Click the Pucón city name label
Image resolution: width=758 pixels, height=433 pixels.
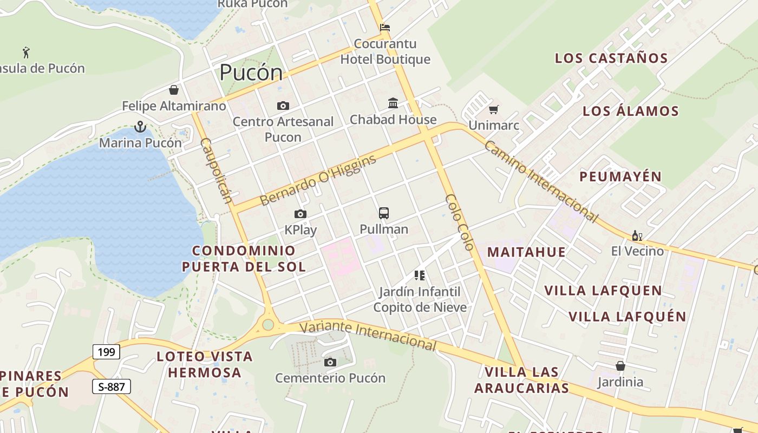coord(251,73)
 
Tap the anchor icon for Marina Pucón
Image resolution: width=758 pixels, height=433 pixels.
coord(140,127)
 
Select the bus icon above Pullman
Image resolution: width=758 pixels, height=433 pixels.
coord(384,213)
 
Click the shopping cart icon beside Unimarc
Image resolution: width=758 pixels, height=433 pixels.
coord(493,110)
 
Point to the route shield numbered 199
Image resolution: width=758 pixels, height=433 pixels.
coord(106,352)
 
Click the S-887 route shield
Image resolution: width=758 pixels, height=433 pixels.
coord(112,386)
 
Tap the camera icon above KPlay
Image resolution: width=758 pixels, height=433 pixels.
coord(300,214)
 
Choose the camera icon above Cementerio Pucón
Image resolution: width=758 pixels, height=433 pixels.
coord(330,362)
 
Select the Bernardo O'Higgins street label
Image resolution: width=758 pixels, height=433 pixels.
coord(318,181)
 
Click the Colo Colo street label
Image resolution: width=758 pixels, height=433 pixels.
coord(459,222)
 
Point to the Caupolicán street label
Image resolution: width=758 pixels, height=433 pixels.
coord(217,170)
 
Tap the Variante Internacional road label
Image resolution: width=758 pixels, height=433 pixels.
coord(368,334)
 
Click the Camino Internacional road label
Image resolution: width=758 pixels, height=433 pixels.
coord(541,181)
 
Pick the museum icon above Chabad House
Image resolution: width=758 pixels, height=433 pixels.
coord(393,103)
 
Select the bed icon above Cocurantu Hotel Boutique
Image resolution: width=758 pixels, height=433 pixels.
coord(385,28)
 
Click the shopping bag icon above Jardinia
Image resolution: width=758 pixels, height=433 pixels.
coord(620,366)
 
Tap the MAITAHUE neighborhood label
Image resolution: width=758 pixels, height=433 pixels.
coord(526,252)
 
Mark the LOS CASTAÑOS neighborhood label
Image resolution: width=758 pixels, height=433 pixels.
coord(611,58)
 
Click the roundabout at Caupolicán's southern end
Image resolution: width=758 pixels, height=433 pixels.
coord(268,324)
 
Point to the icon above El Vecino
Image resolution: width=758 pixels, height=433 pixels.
coord(637,236)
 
